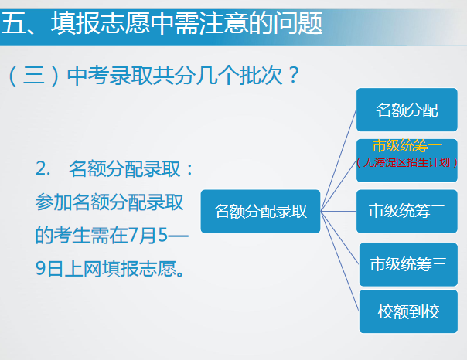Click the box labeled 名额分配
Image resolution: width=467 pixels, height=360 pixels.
tap(407, 110)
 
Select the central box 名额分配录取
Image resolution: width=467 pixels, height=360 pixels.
tap(261, 211)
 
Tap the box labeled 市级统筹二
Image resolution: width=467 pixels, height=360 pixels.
tap(407, 211)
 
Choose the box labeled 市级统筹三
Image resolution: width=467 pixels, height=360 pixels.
tap(408, 264)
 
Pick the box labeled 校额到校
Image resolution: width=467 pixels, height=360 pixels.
tap(408, 311)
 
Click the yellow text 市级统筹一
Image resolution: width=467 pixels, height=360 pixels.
tap(407, 146)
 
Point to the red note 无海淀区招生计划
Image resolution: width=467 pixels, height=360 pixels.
tap(407, 162)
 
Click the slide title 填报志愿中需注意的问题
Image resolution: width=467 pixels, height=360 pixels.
tap(186, 23)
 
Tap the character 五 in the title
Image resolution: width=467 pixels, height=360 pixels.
tap(12, 23)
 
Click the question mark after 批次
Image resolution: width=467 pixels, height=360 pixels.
tap(293, 75)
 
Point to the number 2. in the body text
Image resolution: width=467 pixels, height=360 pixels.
tap(43, 168)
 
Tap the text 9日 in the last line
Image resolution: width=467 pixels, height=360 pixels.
tap(49, 269)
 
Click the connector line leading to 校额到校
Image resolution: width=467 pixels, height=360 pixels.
tap(340, 261)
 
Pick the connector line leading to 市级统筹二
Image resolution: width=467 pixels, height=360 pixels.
tap(339, 211)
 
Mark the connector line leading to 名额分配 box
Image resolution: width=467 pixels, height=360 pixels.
tap(339, 161)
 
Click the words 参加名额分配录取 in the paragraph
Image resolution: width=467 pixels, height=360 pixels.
tap(109, 202)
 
